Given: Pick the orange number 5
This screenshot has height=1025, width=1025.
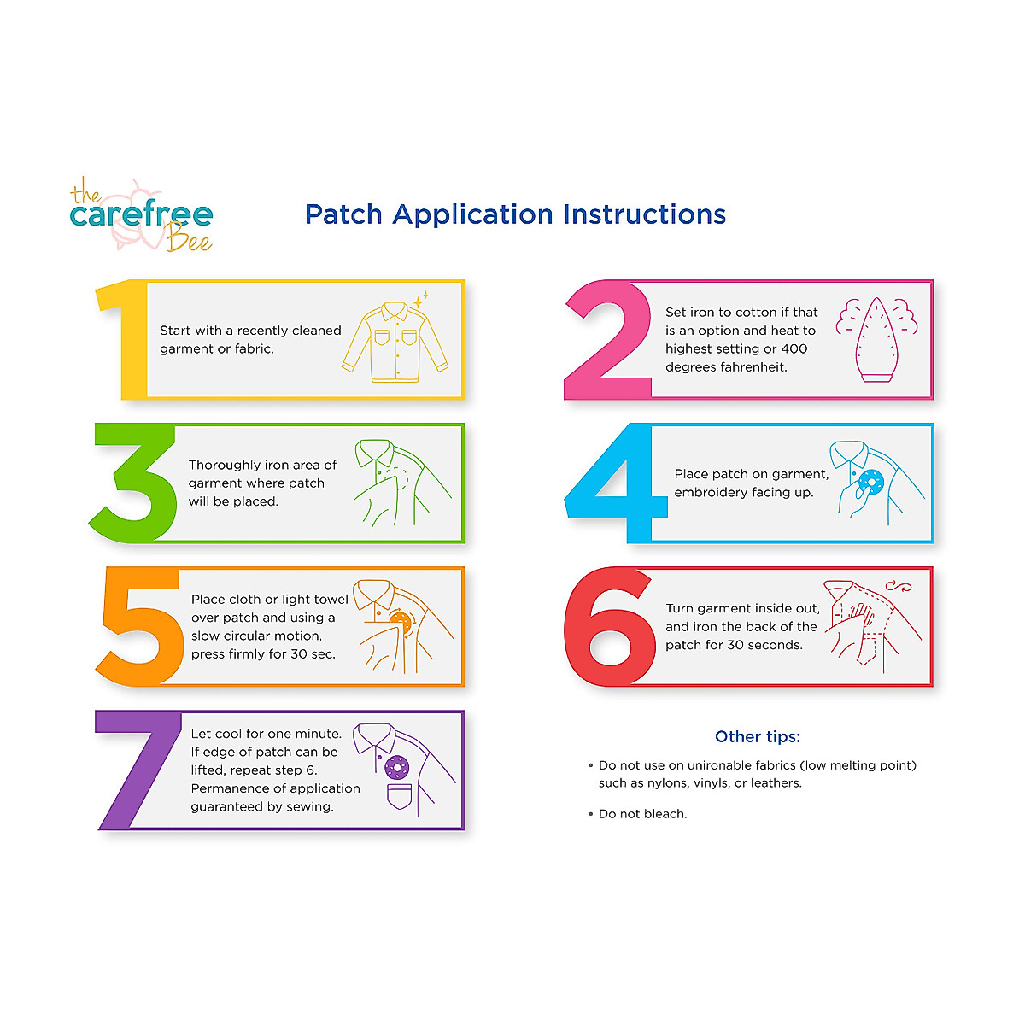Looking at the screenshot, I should [x=141, y=628].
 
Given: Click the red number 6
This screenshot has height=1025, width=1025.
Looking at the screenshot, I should [x=608, y=628].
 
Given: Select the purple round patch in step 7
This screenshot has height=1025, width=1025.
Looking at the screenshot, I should [x=396, y=766].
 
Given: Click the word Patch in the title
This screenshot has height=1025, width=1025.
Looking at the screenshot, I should [x=344, y=214].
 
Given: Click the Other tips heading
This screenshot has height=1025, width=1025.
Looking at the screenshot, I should [x=758, y=736].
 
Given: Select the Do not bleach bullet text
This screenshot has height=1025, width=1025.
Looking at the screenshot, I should [x=642, y=814].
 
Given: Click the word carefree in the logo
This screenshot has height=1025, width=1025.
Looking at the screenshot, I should [x=141, y=214].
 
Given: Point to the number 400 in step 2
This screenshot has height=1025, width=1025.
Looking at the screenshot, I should [x=794, y=348].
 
